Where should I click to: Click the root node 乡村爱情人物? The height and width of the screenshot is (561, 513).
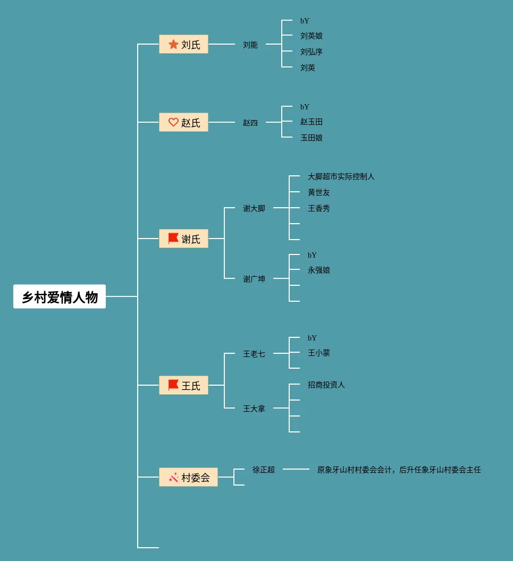click(60, 296)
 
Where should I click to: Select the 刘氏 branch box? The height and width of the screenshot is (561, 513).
click(183, 44)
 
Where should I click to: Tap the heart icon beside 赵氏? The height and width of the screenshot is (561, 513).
click(173, 122)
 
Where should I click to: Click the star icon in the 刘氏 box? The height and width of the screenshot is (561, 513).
click(173, 44)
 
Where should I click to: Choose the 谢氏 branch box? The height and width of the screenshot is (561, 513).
click(183, 239)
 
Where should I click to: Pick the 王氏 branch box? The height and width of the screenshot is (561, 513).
click(183, 385)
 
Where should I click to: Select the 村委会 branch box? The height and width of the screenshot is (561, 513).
click(188, 477)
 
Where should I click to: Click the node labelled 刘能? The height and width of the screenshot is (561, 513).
click(250, 45)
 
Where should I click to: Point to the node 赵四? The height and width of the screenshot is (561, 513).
click(250, 123)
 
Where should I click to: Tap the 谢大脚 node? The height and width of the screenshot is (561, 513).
click(254, 208)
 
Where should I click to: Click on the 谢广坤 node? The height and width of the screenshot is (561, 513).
click(254, 279)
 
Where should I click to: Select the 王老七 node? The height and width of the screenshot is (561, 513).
click(254, 354)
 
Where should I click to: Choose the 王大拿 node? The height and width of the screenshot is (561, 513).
click(254, 409)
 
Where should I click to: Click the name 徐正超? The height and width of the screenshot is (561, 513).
click(264, 470)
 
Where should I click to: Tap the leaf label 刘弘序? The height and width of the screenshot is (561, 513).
click(312, 52)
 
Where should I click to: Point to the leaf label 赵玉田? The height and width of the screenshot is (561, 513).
click(312, 122)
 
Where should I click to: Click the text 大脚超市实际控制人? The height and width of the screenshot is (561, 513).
click(341, 176)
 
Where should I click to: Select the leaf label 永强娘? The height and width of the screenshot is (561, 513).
click(319, 270)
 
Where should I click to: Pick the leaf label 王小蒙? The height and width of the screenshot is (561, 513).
click(319, 353)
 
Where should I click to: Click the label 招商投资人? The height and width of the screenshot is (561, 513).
click(326, 385)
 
